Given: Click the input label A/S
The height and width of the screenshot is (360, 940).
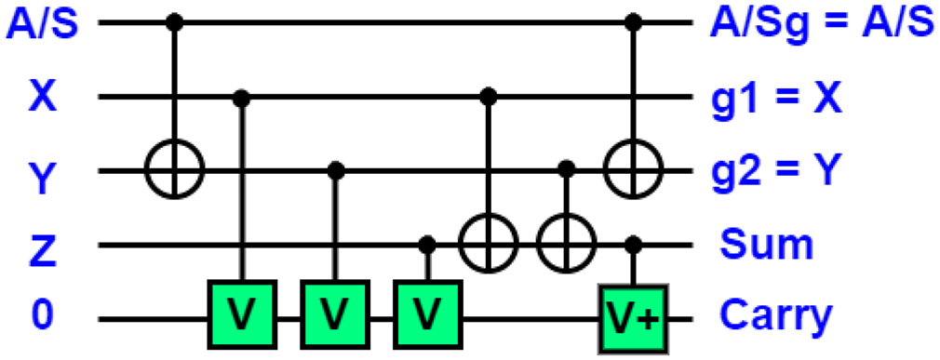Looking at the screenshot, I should click(x=41, y=23).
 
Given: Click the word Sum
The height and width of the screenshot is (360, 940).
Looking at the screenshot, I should click(x=766, y=246).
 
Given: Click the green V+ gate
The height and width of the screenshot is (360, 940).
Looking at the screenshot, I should click(x=635, y=319).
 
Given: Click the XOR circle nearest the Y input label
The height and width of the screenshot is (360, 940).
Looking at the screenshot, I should click(x=175, y=170).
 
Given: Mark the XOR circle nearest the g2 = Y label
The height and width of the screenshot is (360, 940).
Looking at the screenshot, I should click(x=635, y=170).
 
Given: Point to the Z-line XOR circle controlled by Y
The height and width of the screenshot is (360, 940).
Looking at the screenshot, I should click(x=566, y=246).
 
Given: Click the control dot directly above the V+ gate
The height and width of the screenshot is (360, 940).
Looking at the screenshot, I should click(x=635, y=245).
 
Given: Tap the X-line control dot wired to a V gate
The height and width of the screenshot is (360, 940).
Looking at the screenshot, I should click(x=242, y=96).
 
